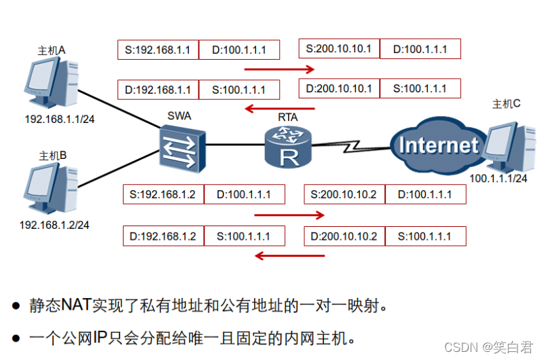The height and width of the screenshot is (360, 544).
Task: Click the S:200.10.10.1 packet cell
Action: [x=339, y=49]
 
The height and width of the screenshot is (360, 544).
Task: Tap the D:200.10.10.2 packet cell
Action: [x=344, y=236]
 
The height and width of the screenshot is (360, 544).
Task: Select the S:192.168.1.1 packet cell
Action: [x=158, y=50]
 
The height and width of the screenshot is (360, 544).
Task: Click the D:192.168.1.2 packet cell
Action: [x=163, y=236]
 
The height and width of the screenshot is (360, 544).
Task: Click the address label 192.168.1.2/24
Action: [x=54, y=225]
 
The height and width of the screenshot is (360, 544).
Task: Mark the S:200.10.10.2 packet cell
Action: [x=344, y=195]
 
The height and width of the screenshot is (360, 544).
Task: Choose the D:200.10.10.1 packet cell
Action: [x=339, y=89]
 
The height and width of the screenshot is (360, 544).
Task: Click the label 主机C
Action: [x=506, y=104]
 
